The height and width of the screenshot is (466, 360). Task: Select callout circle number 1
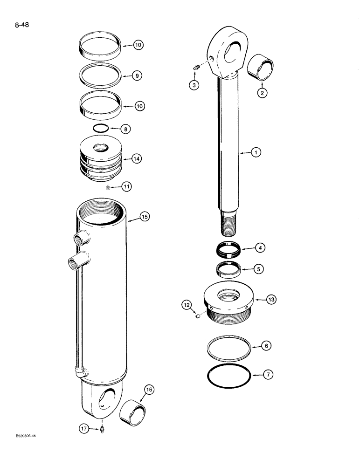pos(255,152)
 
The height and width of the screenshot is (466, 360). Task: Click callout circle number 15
pos(145,216)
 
